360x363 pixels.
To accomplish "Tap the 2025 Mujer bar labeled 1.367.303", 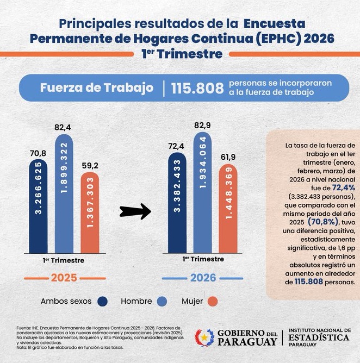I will pos(90,212).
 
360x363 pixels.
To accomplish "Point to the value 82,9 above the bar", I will pos(203,125).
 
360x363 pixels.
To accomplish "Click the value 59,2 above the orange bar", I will pos(90,166).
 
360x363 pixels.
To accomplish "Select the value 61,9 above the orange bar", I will pos(228,158).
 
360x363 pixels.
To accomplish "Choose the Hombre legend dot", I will pos(161,302).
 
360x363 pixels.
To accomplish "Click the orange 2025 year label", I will pos(64,278).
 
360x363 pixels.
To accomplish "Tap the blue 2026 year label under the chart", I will pos(203,278).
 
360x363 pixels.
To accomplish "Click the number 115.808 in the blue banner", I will pos(197,89).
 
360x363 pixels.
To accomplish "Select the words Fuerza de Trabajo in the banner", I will pos(97,88).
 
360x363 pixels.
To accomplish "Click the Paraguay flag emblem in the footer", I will pos(205,337).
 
